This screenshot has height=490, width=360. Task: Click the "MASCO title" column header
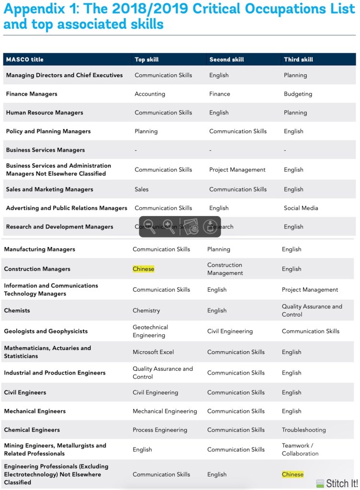24,59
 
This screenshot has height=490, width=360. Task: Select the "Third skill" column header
298,59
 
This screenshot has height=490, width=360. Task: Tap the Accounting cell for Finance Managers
150,94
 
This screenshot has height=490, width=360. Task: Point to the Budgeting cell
298,94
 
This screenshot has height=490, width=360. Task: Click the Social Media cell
301,208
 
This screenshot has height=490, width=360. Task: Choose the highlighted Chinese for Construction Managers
144,269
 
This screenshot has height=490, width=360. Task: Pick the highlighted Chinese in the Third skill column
292,475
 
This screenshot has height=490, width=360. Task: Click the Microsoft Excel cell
153,352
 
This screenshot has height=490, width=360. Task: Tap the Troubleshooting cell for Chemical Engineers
304,430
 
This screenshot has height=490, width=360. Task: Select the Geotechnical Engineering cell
150,331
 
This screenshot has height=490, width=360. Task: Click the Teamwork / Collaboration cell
300,449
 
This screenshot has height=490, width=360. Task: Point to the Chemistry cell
146,310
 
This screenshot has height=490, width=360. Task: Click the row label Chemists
17,310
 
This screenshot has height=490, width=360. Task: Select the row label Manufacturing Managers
39,249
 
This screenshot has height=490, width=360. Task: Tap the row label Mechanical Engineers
35,411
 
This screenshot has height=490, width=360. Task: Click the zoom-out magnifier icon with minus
150,227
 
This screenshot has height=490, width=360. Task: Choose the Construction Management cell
225,269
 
